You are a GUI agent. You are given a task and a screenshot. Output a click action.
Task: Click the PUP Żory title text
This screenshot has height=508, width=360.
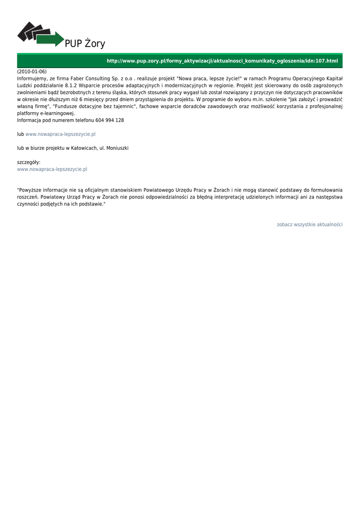tap(85, 44)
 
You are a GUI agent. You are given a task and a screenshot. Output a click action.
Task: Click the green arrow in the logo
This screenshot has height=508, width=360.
tap(52, 39)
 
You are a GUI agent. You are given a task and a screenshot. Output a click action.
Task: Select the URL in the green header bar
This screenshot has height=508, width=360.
tap(222, 61)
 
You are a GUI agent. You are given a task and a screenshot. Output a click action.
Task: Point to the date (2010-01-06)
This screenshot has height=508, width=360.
tap(32, 71)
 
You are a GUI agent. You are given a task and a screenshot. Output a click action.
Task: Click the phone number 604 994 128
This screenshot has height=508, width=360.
tap(110, 120)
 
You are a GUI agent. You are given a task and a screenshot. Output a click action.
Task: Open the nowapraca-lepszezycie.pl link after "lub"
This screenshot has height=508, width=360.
tap(61, 134)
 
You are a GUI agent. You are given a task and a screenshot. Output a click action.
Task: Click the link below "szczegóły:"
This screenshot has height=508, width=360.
tap(52, 169)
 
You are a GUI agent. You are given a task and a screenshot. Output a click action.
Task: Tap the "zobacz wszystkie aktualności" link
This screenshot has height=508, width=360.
tap(309, 225)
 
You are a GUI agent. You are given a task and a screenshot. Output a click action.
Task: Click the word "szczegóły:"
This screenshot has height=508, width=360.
tap(29, 162)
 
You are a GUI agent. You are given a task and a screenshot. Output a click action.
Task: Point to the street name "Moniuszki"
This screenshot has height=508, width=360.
tap(118, 148)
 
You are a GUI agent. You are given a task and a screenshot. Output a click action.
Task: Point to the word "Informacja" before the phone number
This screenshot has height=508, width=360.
tap(29, 120)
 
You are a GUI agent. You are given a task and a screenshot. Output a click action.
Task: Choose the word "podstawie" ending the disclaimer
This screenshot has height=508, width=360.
tap(92, 204)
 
